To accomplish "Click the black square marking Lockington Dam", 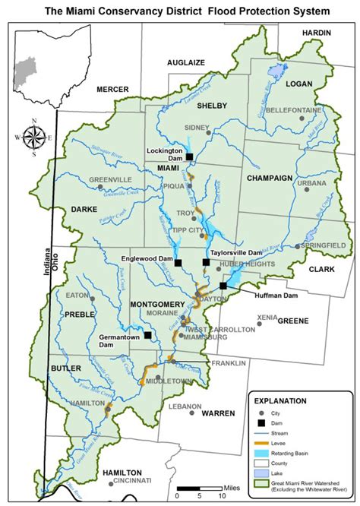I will (189, 157).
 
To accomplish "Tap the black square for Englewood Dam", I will (178, 264).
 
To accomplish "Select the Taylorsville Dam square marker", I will (206, 262).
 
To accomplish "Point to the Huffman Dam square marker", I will (223, 286).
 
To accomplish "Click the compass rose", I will (33, 138).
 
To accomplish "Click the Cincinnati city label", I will (134, 481).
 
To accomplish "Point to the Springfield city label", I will (324, 246).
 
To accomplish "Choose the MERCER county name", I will (112, 90).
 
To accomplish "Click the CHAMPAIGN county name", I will (270, 178).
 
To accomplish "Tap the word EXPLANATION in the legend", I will (280, 400).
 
